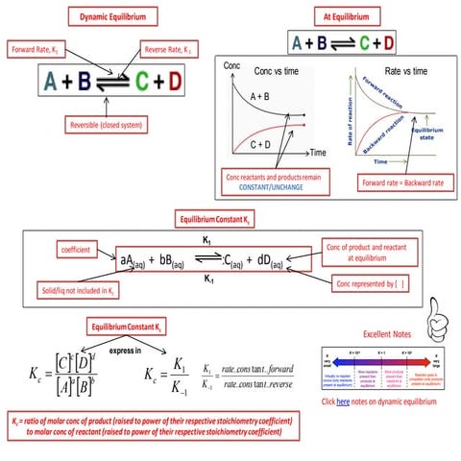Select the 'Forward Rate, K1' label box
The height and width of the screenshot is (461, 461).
[35, 49]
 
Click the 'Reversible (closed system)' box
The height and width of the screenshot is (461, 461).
[107, 125]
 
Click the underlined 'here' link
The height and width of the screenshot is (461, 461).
[342, 400]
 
